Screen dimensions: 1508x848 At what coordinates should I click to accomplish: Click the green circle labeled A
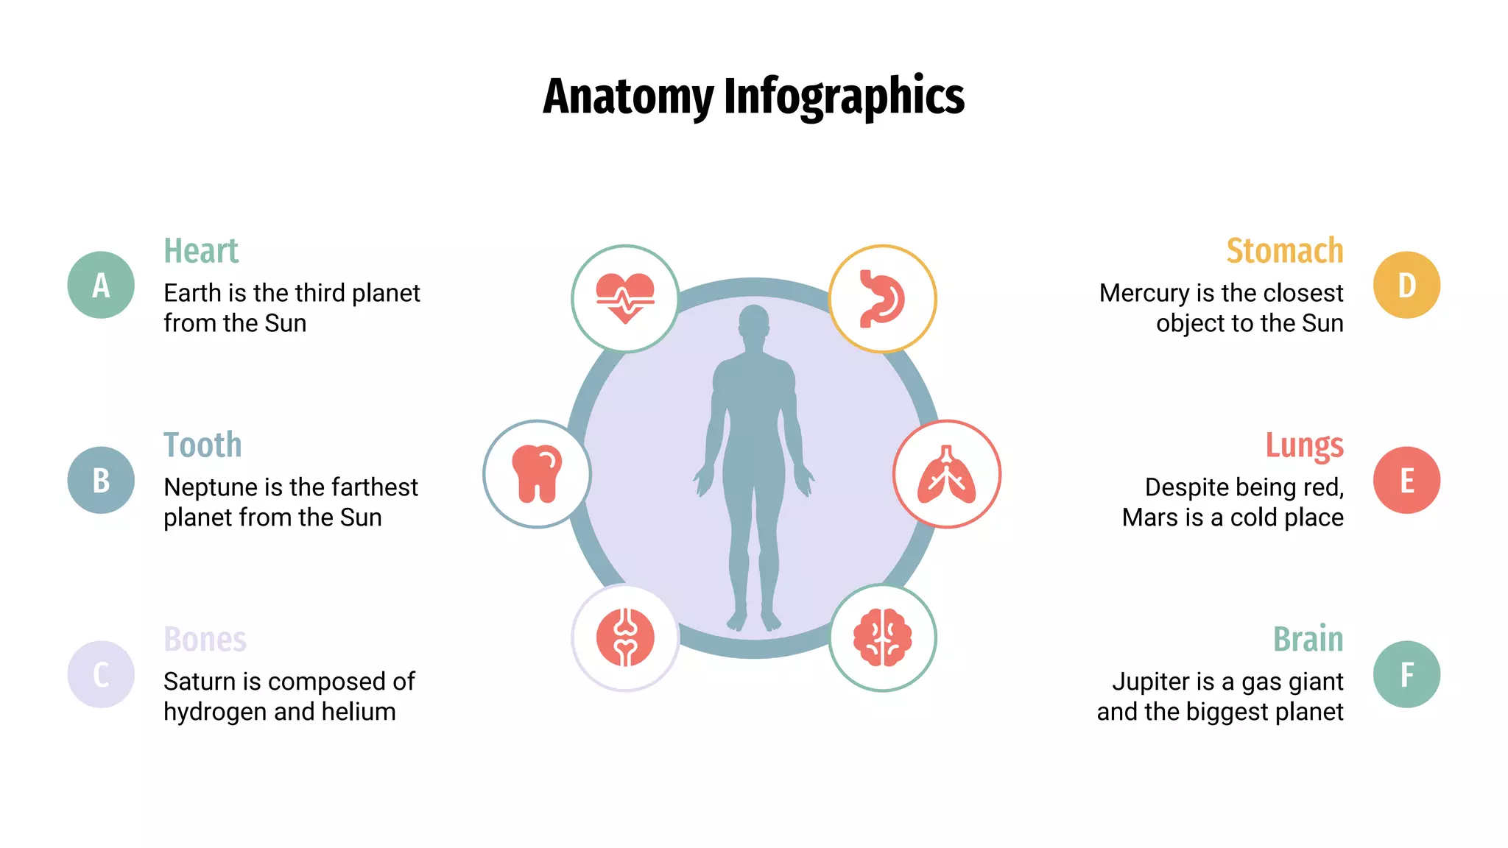[x=101, y=285]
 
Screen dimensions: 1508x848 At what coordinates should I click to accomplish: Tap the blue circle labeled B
[x=101, y=480]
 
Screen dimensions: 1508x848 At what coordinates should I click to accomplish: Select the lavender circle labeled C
[x=101, y=674]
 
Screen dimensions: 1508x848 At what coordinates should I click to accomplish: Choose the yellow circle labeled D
[x=1406, y=285]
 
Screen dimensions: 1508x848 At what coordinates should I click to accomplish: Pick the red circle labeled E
[x=1406, y=480]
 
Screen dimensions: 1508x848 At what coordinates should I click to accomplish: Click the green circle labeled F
[x=1406, y=674]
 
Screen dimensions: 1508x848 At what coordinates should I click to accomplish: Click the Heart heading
[x=201, y=251]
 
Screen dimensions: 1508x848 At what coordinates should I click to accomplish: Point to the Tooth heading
[x=202, y=445]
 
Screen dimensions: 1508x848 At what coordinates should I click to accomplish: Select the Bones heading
[x=205, y=640]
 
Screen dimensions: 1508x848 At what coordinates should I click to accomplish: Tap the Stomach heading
[x=1284, y=251]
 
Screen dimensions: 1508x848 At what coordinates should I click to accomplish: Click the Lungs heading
[x=1304, y=445]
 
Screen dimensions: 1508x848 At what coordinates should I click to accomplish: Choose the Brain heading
[x=1308, y=640]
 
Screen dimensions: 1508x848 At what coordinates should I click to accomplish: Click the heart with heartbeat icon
[x=625, y=298]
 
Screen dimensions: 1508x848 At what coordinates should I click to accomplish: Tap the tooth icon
[x=537, y=474]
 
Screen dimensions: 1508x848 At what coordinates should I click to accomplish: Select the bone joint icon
[x=625, y=637]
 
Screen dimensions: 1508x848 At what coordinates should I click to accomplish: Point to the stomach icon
[x=882, y=298]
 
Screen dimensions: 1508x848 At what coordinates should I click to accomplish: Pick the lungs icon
[x=947, y=474]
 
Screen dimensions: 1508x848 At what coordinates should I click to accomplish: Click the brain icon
[x=882, y=637]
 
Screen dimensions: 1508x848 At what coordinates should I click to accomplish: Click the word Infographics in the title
[x=844, y=96]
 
